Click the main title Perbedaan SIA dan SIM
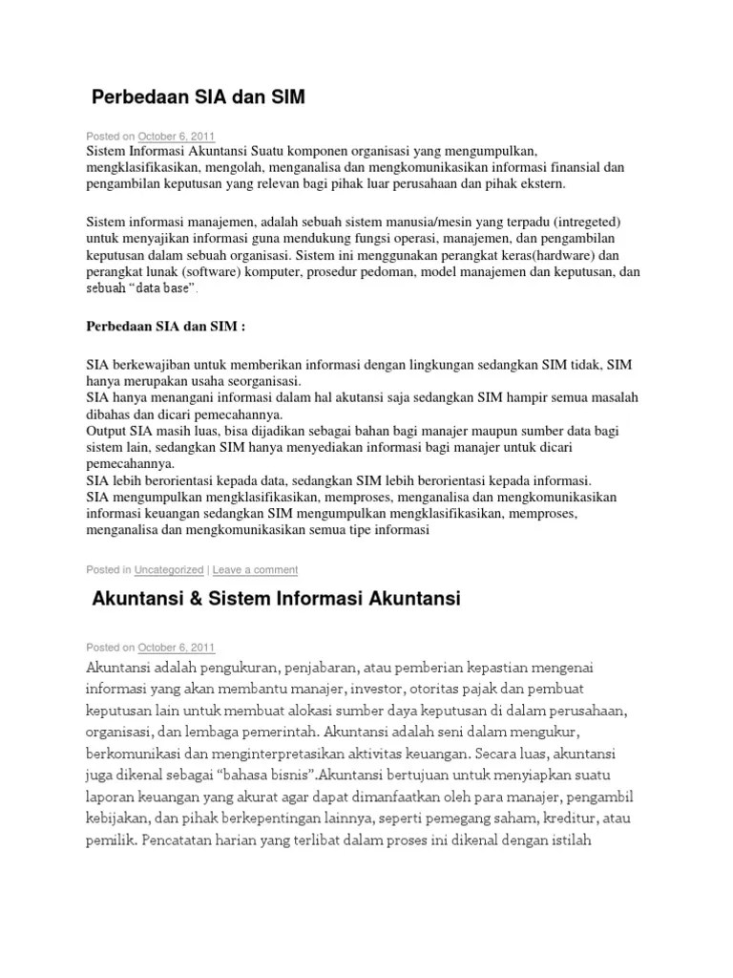point(199,97)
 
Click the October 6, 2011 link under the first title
point(177,136)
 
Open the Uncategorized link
point(169,570)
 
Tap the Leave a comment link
point(255,570)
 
